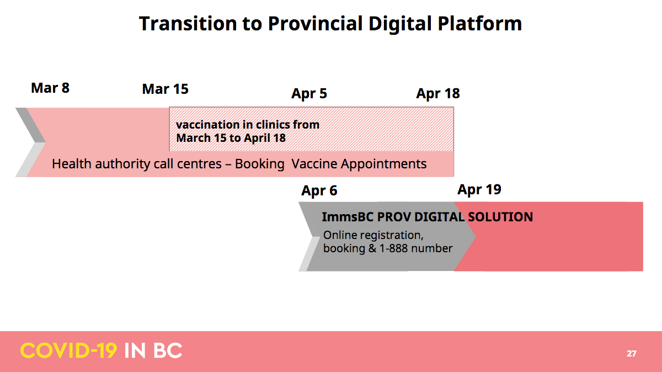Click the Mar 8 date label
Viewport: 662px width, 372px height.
coord(50,88)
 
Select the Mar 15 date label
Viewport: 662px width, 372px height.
coord(165,89)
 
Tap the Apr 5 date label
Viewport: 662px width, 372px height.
coord(309,94)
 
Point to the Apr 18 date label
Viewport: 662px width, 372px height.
coord(438,94)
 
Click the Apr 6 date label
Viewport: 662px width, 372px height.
coord(319,191)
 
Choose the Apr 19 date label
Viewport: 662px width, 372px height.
coord(479,190)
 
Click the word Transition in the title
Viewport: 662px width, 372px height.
coord(188,24)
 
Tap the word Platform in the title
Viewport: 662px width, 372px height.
coord(479,24)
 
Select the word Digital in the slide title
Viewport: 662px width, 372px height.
coord(400,24)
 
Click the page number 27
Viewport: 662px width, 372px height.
coord(632,354)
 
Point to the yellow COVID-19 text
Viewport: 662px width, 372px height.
coord(68,350)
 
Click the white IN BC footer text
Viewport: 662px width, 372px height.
coord(153,350)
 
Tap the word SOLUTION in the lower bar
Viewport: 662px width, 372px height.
coord(501,217)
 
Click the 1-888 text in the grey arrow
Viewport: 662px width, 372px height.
coord(394,248)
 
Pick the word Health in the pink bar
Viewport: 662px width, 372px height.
coord(72,164)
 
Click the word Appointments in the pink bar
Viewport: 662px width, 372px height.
coord(383,164)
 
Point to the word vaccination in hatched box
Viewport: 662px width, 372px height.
coord(207,125)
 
